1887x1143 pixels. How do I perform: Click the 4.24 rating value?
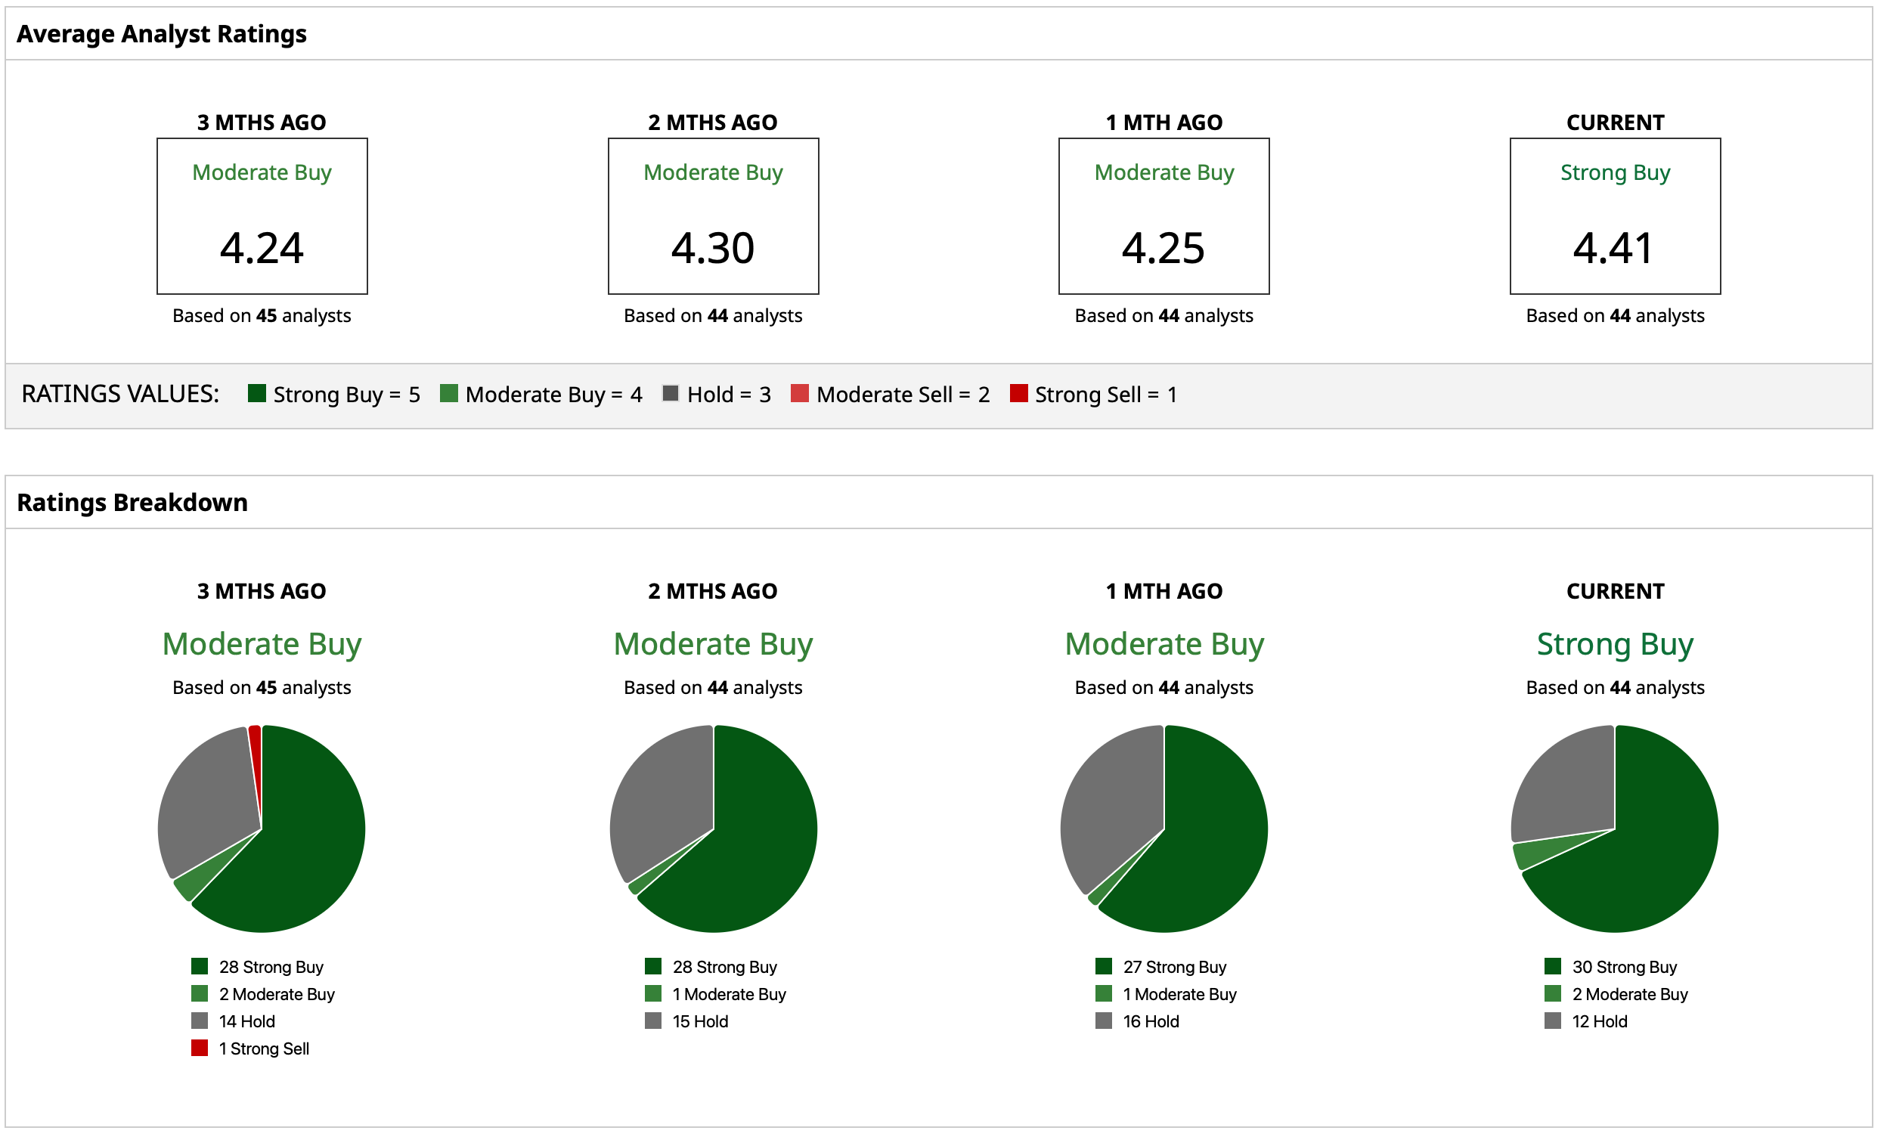point(262,248)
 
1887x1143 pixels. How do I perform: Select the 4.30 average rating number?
point(713,248)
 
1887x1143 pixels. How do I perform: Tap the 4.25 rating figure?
point(1163,248)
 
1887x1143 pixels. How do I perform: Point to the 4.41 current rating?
point(1613,248)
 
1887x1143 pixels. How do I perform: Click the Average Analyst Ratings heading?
point(162,34)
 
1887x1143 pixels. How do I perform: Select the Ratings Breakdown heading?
point(132,502)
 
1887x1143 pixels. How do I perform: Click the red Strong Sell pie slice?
point(256,746)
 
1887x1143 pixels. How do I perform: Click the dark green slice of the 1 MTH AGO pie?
point(1210,842)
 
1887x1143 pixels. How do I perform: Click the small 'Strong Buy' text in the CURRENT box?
point(1614,172)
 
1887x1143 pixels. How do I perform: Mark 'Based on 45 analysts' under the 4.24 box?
point(262,315)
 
